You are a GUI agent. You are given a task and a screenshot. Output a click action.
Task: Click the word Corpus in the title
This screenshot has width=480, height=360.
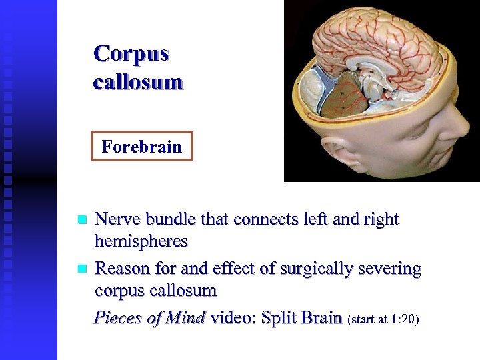pyautogui.click(x=131, y=53)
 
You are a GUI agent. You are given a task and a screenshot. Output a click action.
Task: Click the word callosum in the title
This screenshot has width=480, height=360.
pyautogui.click(x=138, y=82)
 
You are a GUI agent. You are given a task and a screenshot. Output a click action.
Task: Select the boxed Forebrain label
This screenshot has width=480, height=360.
pyautogui.click(x=141, y=146)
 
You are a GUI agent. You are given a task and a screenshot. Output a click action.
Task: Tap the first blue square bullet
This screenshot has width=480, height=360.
pyautogui.click(x=82, y=219)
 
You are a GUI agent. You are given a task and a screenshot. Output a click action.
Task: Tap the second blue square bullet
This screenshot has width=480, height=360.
pyautogui.click(x=82, y=269)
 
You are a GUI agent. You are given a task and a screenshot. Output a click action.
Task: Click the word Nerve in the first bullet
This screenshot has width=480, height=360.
pyautogui.click(x=117, y=219)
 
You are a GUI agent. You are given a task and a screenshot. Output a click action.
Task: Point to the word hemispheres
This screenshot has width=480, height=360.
pyautogui.click(x=141, y=241)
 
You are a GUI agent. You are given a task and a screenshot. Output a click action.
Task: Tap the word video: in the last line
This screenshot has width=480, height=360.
pyautogui.click(x=234, y=317)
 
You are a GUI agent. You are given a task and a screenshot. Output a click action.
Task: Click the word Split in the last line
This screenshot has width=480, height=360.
pyautogui.click(x=279, y=317)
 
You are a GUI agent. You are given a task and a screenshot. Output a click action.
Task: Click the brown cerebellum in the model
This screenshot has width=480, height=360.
pyautogui.click(x=344, y=97)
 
